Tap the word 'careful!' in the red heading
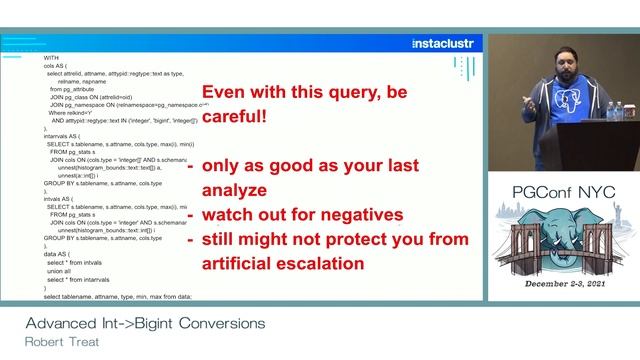coord(235,116)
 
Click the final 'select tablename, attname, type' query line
coord(117,297)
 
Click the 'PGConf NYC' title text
coord(559,192)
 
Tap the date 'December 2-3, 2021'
coord(559,285)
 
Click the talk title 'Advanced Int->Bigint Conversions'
coord(145,323)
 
